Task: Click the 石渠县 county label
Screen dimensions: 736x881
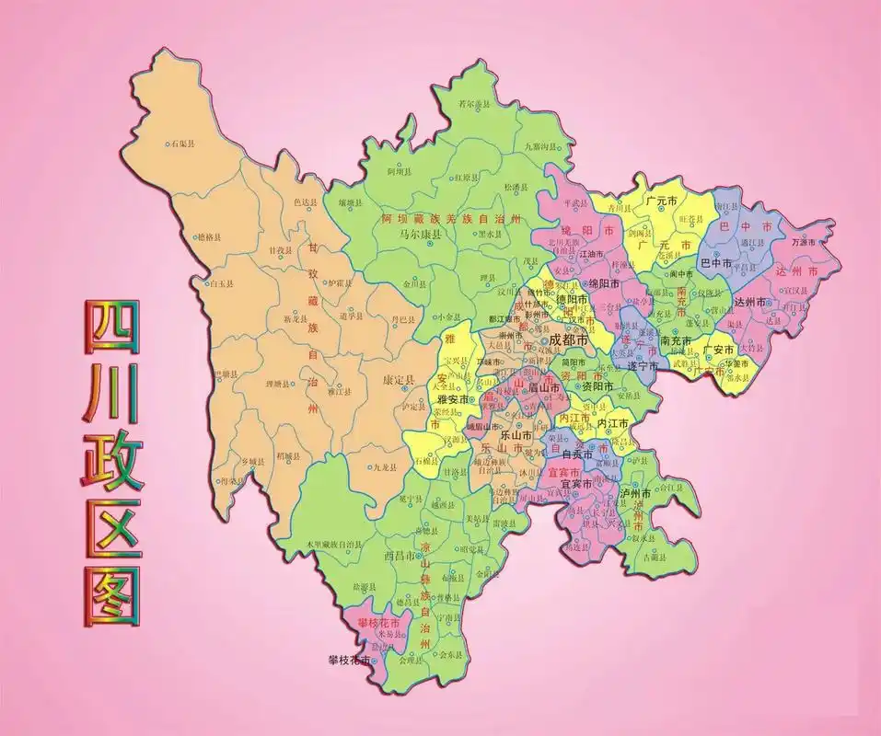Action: [x=181, y=144]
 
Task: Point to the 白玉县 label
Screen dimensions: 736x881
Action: [x=222, y=284]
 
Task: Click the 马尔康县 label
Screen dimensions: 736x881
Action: [x=420, y=235]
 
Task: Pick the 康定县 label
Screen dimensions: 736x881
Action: [x=398, y=380]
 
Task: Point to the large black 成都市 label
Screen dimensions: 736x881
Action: [x=568, y=339]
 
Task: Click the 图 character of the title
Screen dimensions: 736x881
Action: [x=112, y=596]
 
